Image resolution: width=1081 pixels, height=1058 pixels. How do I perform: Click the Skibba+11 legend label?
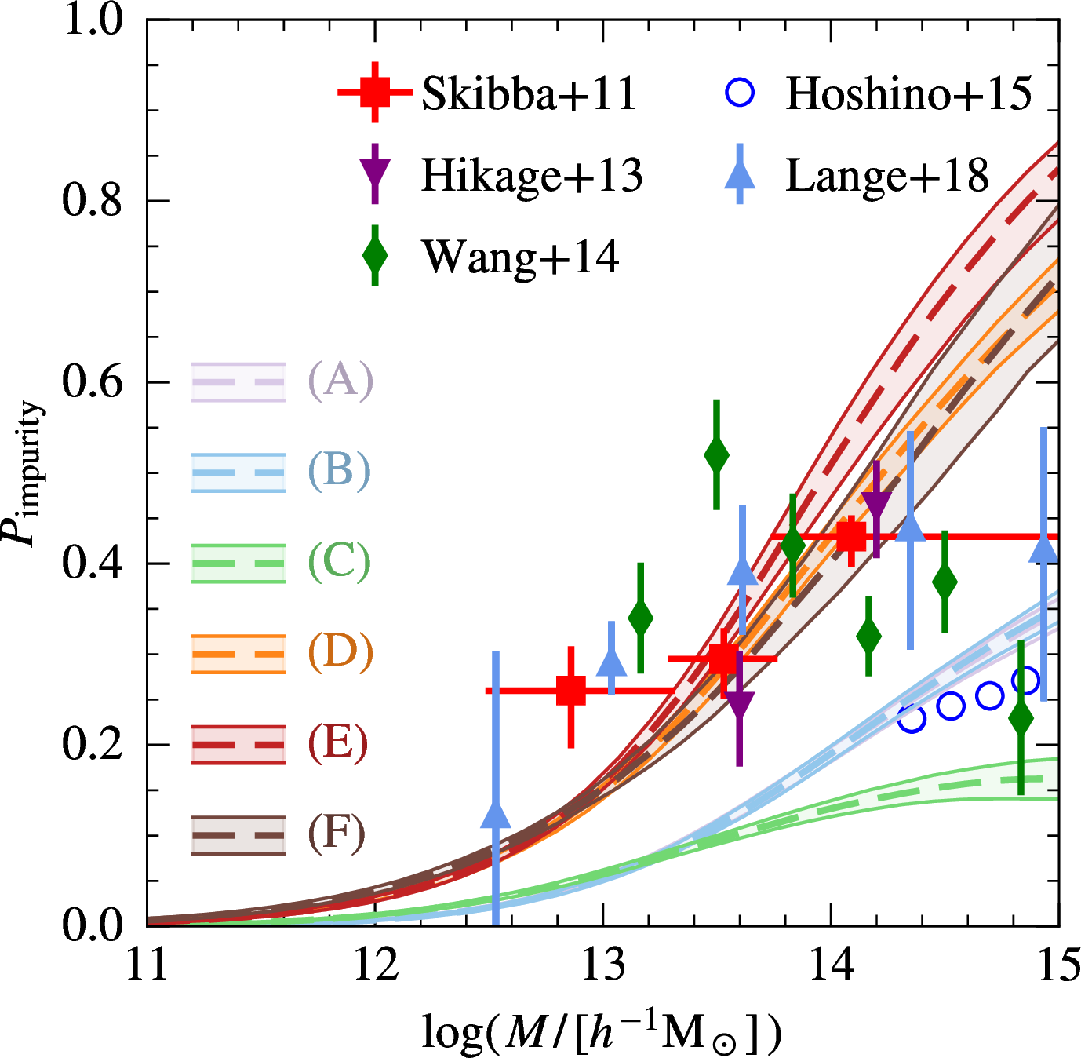tap(529, 93)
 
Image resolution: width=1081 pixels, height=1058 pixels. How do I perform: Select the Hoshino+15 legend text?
tap(908, 93)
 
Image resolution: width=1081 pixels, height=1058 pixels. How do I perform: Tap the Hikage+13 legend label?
tap(532, 174)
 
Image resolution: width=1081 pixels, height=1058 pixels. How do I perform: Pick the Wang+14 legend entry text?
tap(520, 256)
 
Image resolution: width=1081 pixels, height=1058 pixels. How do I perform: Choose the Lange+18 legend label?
tap(887, 174)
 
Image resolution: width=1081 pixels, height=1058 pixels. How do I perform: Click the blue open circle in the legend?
tap(740, 93)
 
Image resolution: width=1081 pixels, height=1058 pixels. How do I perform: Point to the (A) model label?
tap(340, 381)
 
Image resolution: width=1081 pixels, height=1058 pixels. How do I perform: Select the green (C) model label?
tap(339, 562)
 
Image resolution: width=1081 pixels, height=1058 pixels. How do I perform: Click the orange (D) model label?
tap(340, 652)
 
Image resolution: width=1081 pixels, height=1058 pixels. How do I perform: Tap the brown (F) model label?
tap(337, 833)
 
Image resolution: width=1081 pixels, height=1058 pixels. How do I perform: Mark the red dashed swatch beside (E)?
tap(238, 744)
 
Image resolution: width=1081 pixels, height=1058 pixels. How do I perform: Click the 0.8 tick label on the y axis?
tap(93, 200)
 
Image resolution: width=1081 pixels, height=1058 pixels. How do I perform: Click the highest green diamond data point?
tap(716, 454)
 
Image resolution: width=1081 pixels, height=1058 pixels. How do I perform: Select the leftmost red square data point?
tap(571, 691)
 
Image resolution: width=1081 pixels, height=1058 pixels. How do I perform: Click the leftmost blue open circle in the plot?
tap(912, 717)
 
